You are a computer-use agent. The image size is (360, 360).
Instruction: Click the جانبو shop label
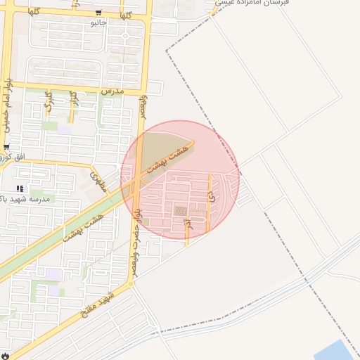[x=97, y=23]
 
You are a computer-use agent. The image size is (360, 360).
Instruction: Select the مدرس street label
[x=112, y=91]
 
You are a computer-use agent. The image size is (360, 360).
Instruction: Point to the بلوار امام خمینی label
[x=7, y=105]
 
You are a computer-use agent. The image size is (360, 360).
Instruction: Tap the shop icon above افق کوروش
[x=6, y=147]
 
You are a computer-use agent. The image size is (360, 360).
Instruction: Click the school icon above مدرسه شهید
[x=20, y=188]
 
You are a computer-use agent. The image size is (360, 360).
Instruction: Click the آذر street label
[x=187, y=225]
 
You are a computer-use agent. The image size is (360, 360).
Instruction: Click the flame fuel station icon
[x=6, y=354]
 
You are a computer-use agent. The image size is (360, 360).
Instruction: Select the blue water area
[x=336, y=351]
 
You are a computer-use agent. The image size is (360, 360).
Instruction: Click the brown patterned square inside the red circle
[x=181, y=211]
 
